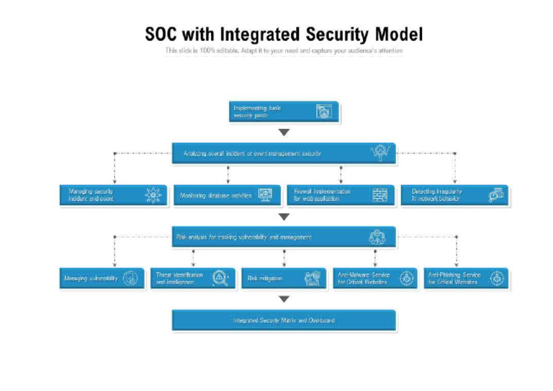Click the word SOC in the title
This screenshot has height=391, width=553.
[x=161, y=34]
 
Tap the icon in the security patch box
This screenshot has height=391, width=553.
[x=324, y=112]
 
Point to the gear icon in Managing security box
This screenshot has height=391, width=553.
[x=153, y=195]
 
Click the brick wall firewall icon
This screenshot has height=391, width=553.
[x=379, y=195]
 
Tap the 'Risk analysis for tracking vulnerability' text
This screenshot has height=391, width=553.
[x=244, y=237]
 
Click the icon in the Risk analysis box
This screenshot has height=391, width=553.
[x=378, y=237]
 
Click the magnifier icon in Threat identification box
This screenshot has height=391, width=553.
[x=221, y=279]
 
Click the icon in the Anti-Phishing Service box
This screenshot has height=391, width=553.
[x=497, y=279]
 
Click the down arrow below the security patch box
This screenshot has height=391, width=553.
[x=284, y=132]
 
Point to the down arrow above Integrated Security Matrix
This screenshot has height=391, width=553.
[x=284, y=299]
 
